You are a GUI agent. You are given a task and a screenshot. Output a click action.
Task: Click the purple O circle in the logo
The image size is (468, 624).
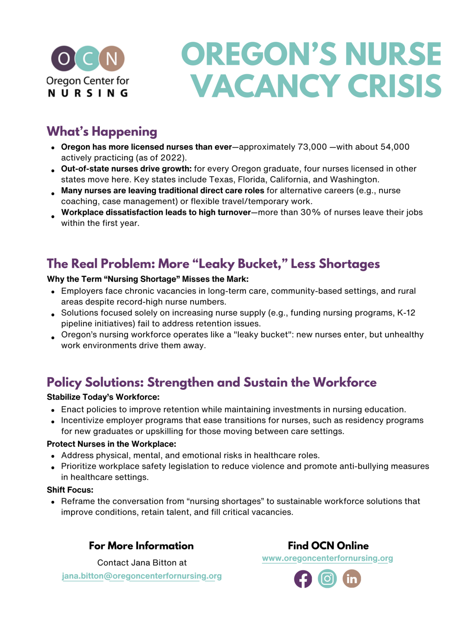64,58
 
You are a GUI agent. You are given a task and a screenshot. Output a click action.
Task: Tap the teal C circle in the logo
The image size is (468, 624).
88,58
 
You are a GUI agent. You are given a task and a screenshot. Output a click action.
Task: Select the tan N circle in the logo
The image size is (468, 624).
112,58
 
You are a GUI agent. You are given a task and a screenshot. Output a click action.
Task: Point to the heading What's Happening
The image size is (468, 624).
102,131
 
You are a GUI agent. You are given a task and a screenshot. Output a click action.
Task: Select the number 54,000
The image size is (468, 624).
395,147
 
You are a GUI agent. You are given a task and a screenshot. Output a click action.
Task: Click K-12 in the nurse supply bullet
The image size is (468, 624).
406,313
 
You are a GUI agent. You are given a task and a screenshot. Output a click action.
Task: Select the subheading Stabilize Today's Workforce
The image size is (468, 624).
103,397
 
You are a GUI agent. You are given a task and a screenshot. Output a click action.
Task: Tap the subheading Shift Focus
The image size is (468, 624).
70,490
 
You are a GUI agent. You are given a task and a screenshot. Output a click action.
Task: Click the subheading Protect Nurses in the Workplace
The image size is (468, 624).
112,444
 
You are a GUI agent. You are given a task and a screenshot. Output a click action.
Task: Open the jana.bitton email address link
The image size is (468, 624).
142,576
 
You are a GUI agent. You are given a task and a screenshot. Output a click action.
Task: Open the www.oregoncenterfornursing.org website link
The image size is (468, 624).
327,558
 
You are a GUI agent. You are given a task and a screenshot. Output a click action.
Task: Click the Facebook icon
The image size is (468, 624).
303,579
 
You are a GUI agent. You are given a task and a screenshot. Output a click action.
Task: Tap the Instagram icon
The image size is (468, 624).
327,579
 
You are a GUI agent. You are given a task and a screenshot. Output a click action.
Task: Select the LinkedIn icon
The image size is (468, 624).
352,579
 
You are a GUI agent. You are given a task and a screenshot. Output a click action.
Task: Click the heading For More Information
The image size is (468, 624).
141,546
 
